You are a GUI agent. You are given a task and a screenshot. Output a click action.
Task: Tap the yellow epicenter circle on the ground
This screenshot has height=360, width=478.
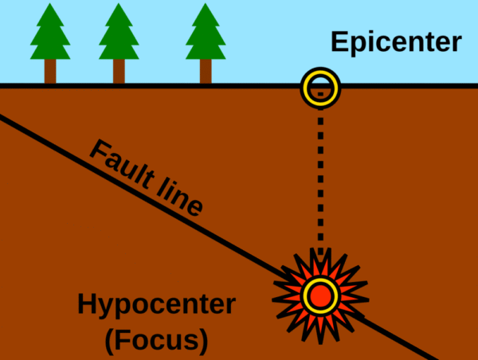[320, 88]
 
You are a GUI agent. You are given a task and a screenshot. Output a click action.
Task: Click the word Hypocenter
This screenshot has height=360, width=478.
[156, 306]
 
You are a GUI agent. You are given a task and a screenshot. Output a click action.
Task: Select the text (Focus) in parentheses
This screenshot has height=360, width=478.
[156, 341]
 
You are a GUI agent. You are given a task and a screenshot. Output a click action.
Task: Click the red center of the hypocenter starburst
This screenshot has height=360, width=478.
[320, 295]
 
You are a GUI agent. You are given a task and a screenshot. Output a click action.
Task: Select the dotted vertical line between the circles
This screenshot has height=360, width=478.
[320, 183]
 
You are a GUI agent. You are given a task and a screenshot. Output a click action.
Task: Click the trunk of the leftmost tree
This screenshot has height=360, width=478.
[49, 72]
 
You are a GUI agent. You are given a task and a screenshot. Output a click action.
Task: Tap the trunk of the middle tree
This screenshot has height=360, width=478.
[119, 72]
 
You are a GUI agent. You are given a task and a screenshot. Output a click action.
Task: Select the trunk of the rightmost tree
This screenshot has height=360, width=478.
[206, 72]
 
